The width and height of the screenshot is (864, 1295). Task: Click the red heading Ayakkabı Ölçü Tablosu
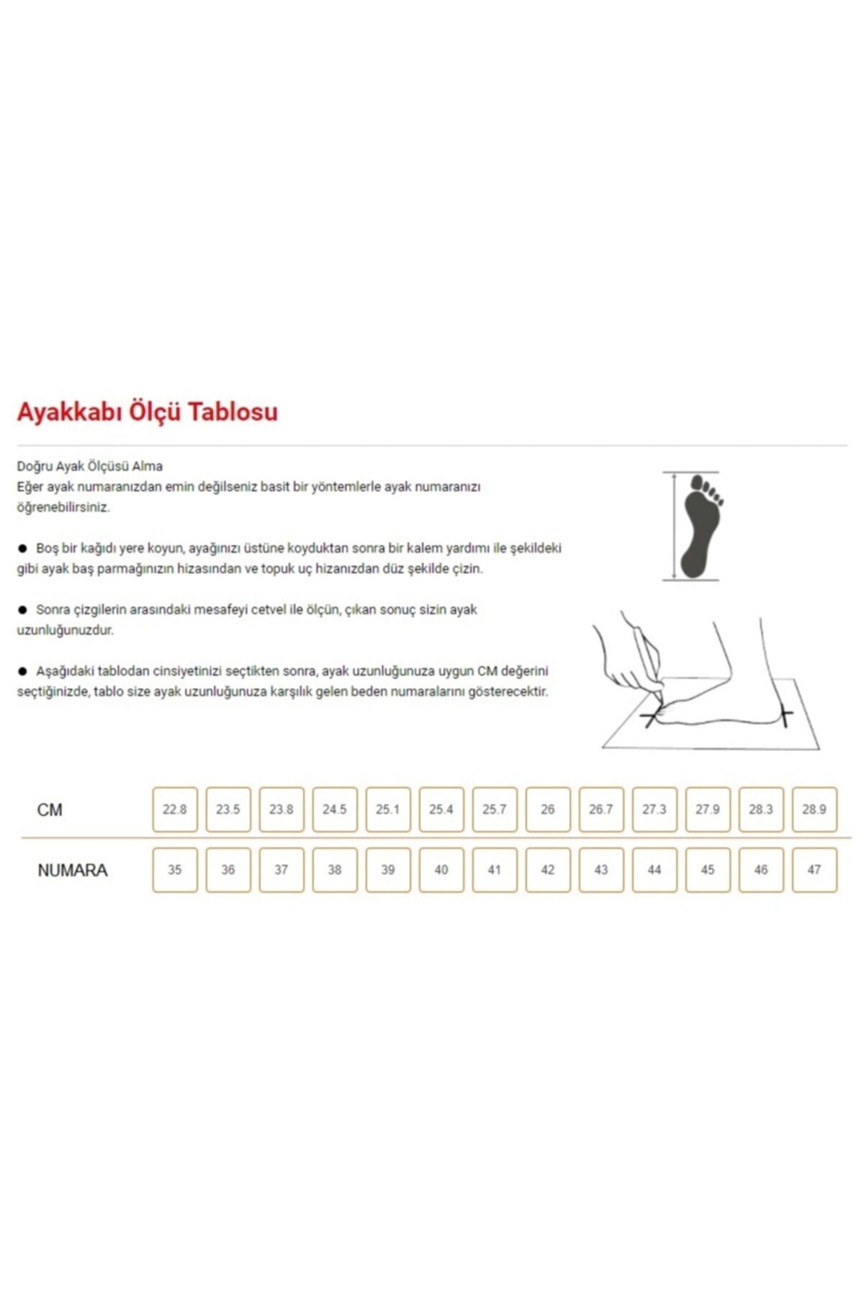pyautogui.click(x=147, y=412)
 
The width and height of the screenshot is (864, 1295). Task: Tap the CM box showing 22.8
pyautogui.click(x=175, y=809)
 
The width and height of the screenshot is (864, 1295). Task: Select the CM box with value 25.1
pyautogui.click(x=388, y=809)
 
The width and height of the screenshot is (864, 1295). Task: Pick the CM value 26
pyautogui.click(x=548, y=809)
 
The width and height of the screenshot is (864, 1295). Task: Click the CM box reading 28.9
pyautogui.click(x=814, y=809)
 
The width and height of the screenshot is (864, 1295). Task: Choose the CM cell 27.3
pyautogui.click(x=654, y=809)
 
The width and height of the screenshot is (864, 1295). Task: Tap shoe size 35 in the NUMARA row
pyautogui.click(x=175, y=870)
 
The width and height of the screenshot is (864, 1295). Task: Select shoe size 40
pyautogui.click(x=441, y=870)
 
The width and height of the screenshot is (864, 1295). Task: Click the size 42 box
pyautogui.click(x=548, y=870)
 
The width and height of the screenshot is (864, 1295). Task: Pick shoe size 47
pyautogui.click(x=814, y=870)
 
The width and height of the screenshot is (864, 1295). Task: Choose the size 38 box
pyautogui.click(x=335, y=870)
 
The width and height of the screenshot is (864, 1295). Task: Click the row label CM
pyautogui.click(x=50, y=810)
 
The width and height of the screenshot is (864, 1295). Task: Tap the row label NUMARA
pyautogui.click(x=72, y=871)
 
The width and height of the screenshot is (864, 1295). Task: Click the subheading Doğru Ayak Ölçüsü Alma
pyautogui.click(x=90, y=466)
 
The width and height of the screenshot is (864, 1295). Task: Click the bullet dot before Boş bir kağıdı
pyautogui.click(x=22, y=548)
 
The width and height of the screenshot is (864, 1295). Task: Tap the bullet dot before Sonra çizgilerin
pyautogui.click(x=22, y=610)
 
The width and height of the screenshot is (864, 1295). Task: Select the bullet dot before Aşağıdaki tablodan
pyautogui.click(x=22, y=671)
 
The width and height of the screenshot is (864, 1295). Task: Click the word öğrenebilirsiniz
pyautogui.click(x=63, y=507)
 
